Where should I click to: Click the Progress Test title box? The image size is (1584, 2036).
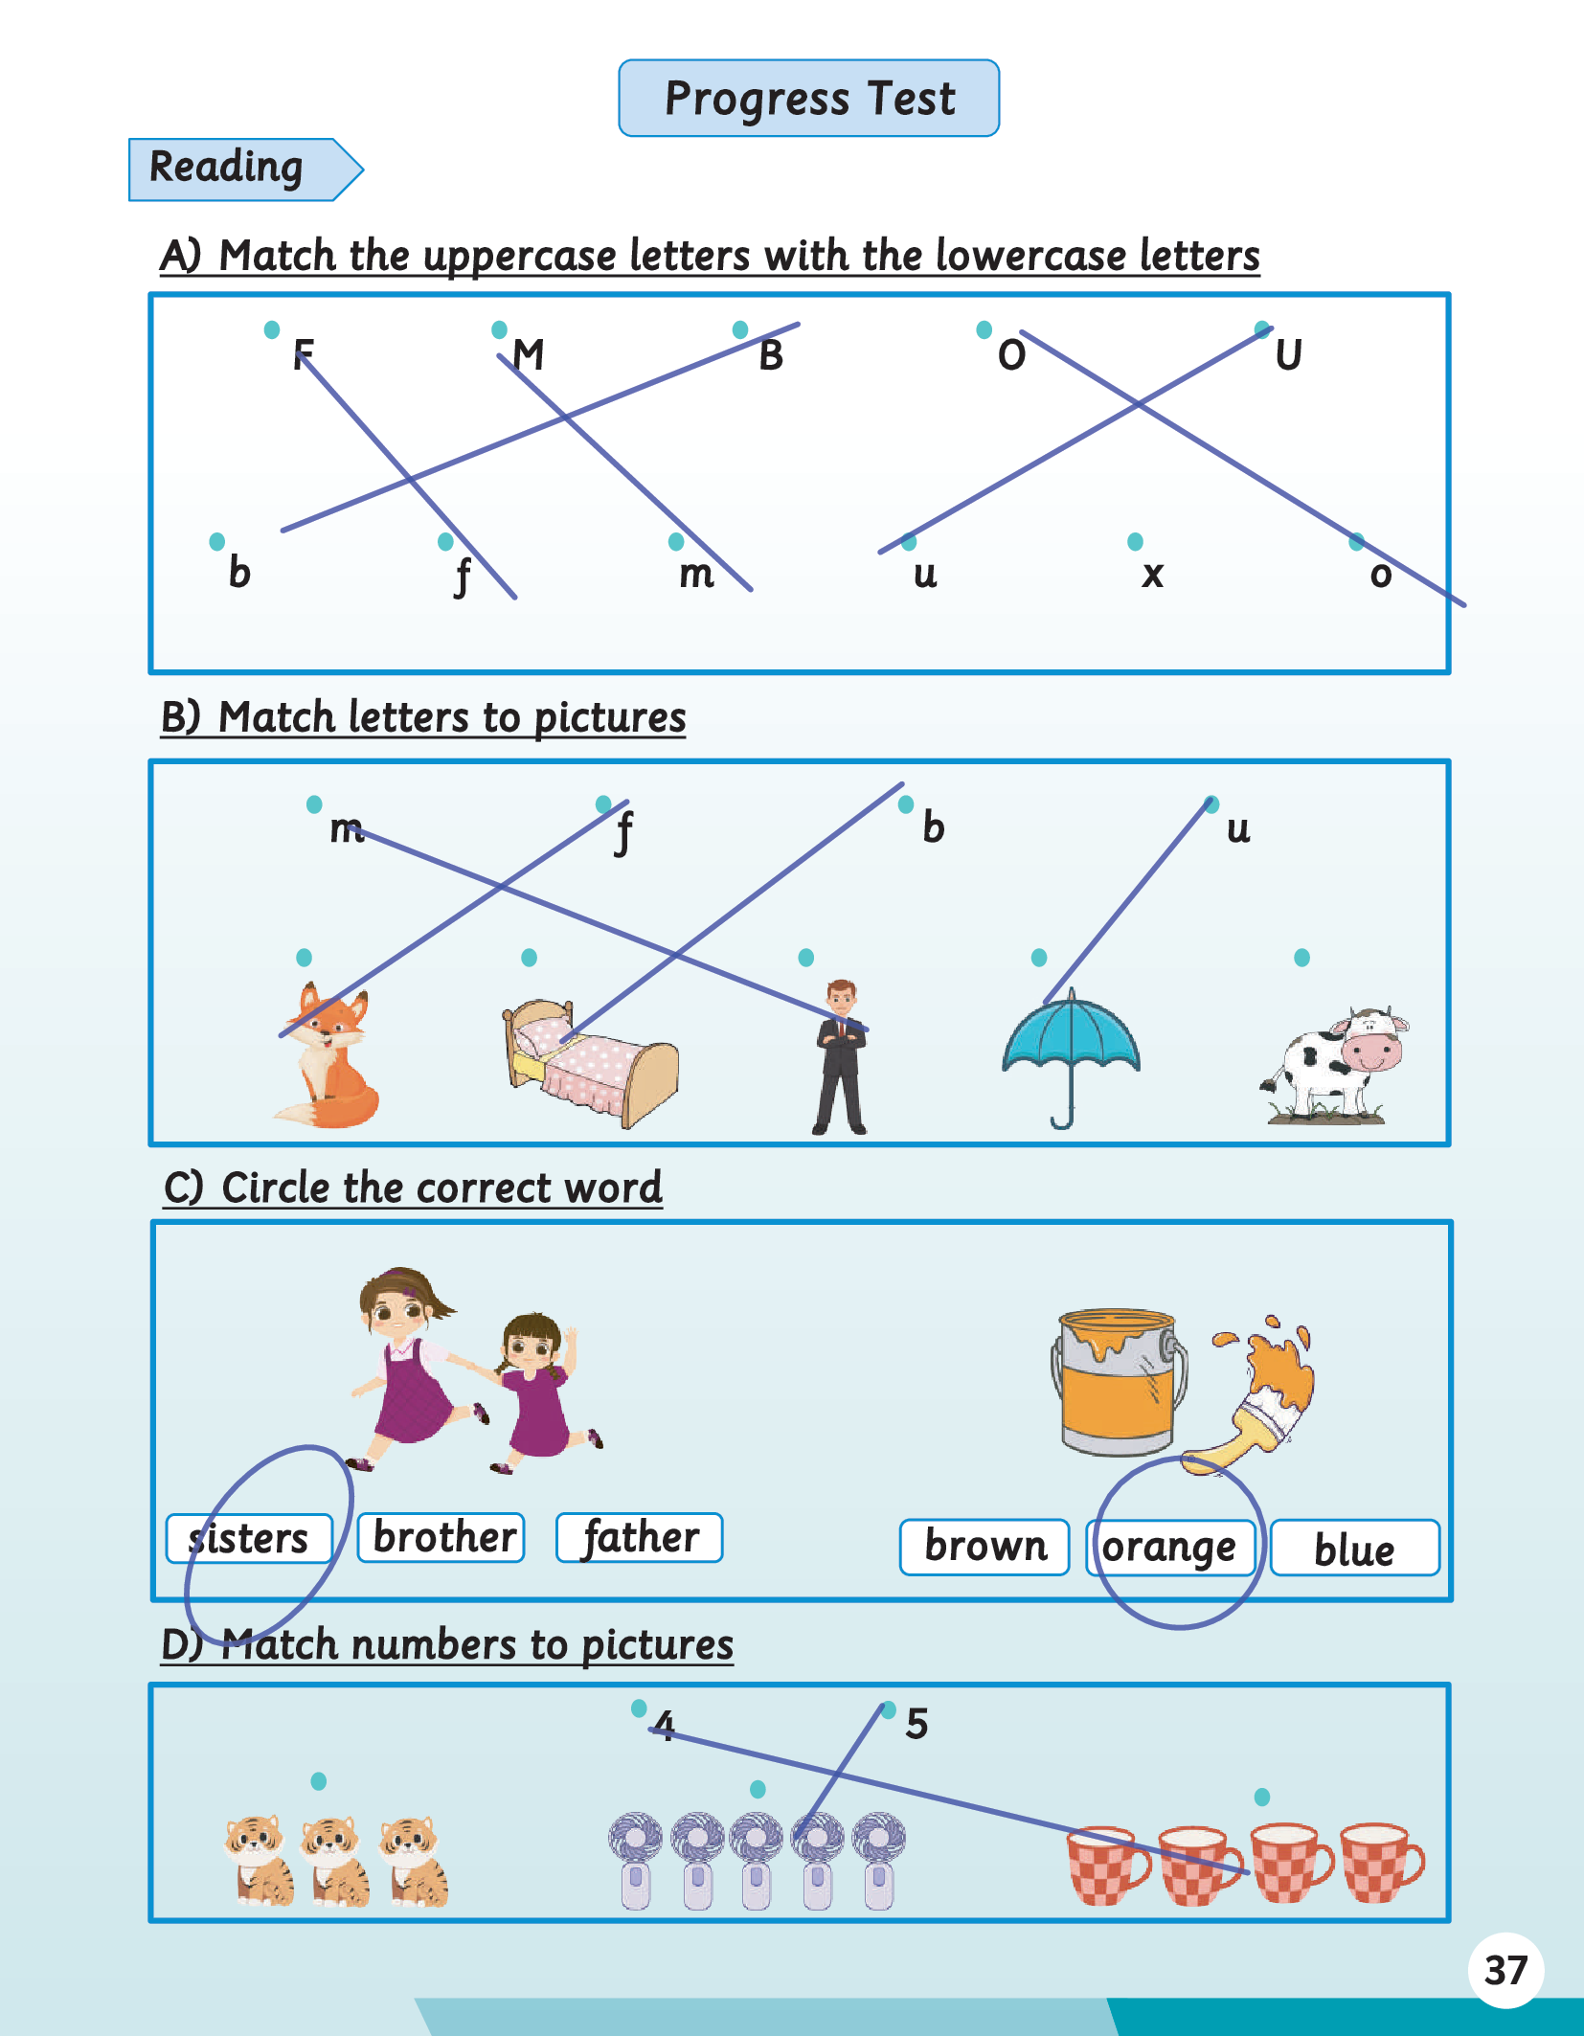click(x=809, y=98)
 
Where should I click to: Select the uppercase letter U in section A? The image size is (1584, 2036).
click(x=1289, y=355)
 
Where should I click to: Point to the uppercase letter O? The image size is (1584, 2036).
click(x=1012, y=355)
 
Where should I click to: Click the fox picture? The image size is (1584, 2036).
click(x=326, y=1053)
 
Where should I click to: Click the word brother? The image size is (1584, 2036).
click(x=442, y=1538)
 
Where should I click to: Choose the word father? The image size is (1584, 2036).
click(x=640, y=1538)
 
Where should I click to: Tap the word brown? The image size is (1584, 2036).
click(x=985, y=1547)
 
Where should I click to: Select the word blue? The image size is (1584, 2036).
click(x=1354, y=1549)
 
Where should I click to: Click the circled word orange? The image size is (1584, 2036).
click(x=1169, y=1548)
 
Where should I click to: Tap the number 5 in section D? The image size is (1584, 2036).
click(x=916, y=1724)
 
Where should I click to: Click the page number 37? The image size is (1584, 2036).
click(x=1505, y=1971)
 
